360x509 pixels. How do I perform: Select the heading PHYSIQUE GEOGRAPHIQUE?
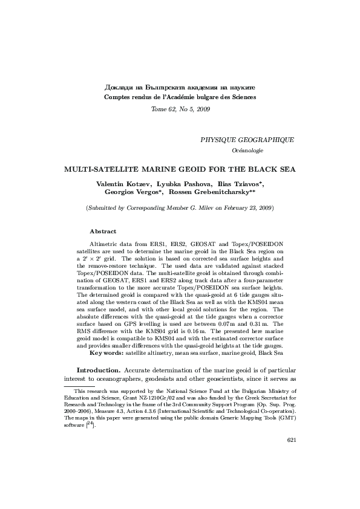[x=247, y=139]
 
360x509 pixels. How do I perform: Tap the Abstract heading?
[x=103, y=231]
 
